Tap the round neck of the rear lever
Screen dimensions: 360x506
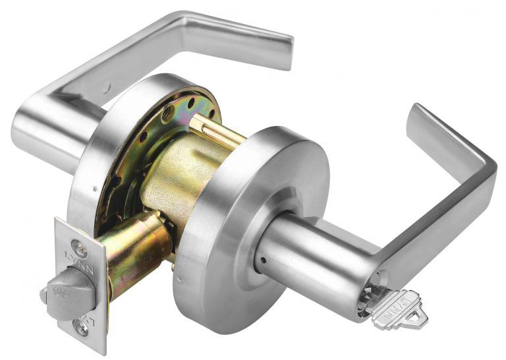46,132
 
